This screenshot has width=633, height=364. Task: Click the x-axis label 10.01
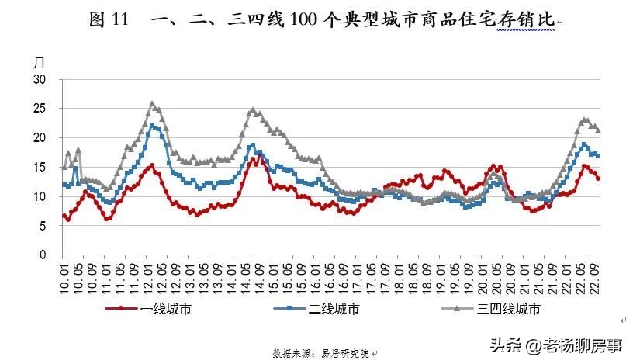pyautogui.click(x=64, y=276)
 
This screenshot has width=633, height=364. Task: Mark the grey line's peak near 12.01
pyautogui.click(x=152, y=103)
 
